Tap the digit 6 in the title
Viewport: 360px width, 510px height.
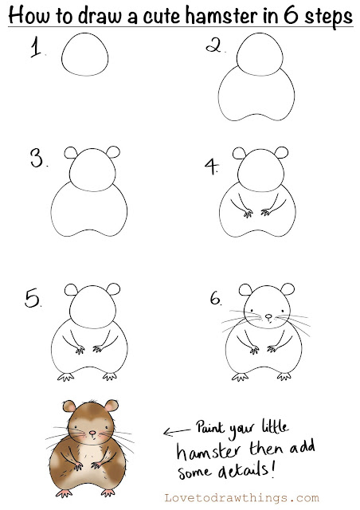[291, 15]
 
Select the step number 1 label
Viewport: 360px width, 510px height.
[36, 48]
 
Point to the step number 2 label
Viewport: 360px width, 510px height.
[213, 45]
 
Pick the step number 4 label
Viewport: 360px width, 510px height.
[211, 166]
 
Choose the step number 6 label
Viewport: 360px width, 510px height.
[215, 298]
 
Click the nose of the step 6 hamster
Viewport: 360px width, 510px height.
[268, 316]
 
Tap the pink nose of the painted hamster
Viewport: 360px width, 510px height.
[92, 433]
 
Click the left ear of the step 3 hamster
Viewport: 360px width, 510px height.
[71, 152]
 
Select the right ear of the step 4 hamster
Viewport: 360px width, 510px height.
[282, 152]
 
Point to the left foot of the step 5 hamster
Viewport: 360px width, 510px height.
[66, 377]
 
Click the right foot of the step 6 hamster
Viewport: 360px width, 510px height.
[284, 376]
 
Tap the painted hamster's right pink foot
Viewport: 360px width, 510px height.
[108, 492]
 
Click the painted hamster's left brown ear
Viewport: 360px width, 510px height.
[69, 406]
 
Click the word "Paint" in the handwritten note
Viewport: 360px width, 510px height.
[210, 427]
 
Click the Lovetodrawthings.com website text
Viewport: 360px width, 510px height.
[241, 498]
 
